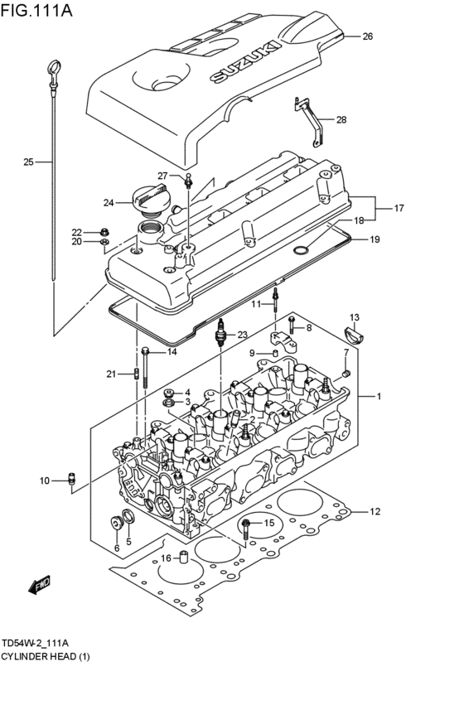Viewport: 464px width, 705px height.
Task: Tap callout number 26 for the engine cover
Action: (x=368, y=36)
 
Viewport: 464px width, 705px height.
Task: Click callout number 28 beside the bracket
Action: (x=341, y=119)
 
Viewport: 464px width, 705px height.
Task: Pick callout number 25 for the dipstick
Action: (x=28, y=162)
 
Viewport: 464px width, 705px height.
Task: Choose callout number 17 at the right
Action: (x=399, y=208)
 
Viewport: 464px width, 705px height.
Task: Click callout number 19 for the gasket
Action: (x=375, y=239)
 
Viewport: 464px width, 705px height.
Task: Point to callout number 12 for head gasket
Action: (x=375, y=511)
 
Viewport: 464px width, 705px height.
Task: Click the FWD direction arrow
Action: (x=39, y=587)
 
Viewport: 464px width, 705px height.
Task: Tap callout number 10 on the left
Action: (x=45, y=480)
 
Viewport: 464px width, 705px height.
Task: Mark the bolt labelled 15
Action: (x=248, y=524)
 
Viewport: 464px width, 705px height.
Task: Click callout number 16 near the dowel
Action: (x=166, y=558)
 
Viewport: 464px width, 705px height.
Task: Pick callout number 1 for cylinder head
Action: (x=379, y=397)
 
